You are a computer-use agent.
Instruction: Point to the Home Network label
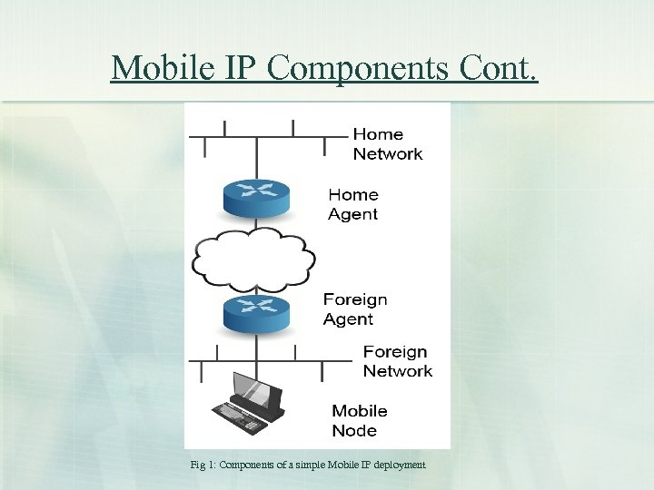coord(388,144)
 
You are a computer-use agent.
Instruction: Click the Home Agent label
coord(353,204)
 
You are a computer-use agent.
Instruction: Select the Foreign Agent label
coord(355,309)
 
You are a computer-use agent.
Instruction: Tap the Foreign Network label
coord(398,361)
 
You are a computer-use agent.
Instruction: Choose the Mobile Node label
coord(360,421)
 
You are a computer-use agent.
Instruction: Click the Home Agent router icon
coord(255,195)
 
